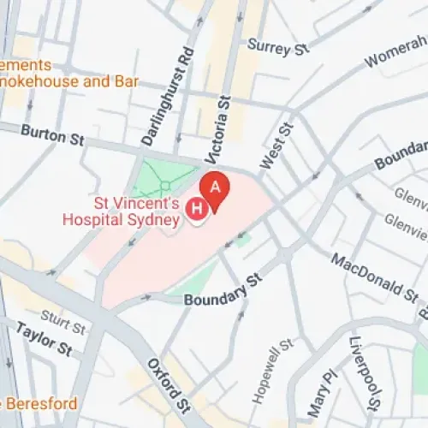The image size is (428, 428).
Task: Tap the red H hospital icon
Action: tap(197, 207)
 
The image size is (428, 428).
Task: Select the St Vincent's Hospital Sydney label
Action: tap(121, 211)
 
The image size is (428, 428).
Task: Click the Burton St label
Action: tap(52, 134)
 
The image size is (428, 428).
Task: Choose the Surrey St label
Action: tap(277, 47)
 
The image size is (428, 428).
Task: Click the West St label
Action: tap(277, 145)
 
